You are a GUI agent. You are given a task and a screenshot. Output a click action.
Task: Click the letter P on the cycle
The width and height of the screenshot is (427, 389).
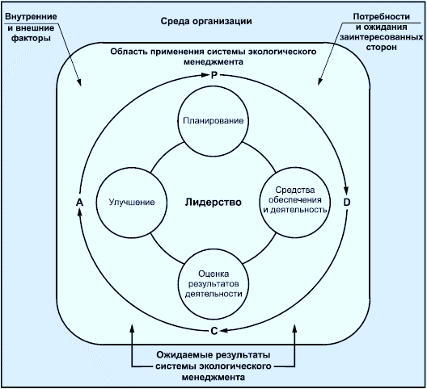click(214, 75)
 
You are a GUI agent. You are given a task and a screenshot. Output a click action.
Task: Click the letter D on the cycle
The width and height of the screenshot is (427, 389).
click(347, 203)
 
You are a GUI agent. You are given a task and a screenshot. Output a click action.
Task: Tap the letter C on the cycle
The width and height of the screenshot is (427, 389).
click(214, 331)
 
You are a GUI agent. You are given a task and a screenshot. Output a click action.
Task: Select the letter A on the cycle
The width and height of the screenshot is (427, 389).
click(79, 203)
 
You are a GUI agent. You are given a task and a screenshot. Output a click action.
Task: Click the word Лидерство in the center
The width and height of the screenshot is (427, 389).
click(213, 203)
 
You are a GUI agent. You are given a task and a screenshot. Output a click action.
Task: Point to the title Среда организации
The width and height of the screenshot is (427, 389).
click(206, 21)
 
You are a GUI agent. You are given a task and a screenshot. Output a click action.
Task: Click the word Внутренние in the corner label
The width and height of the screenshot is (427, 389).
click(31, 17)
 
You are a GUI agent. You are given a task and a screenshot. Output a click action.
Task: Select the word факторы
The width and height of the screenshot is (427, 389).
click(31, 38)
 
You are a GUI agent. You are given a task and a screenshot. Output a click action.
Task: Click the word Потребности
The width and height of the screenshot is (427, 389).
click(382, 17)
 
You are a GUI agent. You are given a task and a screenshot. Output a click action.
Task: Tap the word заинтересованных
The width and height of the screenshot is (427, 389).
click(381, 37)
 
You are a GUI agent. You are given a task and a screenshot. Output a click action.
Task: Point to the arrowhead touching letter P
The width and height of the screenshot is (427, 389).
click(205, 75)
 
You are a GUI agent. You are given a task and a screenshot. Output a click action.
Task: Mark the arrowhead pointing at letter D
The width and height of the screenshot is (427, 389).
click(346, 190)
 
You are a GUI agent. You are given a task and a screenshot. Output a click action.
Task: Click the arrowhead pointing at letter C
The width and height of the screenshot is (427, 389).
click(224, 331)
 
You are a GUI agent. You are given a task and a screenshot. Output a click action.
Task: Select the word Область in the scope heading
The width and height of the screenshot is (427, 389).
click(126, 52)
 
